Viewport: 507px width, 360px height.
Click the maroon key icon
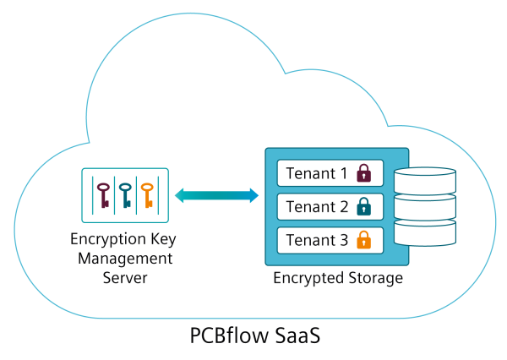(x=103, y=195)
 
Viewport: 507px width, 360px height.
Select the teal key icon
(x=125, y=195)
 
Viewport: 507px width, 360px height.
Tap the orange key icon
(x=147, y=195)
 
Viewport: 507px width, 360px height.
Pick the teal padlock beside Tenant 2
(x=363, y=206)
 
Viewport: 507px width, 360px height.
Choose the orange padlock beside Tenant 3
(x=363, y=240)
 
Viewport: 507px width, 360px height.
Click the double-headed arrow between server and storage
(x=216, y=195)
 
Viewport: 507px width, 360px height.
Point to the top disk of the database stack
(x=425, y=181)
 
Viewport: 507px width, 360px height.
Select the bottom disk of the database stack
(x=425, y=233)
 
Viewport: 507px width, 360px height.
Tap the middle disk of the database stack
(x=425, y=207)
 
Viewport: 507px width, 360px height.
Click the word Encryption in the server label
(x=108, y=240)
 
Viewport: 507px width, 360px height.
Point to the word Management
(x=125, y=259)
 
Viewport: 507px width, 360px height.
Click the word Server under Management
(x=125, y=278)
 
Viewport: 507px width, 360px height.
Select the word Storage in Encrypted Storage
(x=376, y=278)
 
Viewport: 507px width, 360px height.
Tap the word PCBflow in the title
(x=227, y=335)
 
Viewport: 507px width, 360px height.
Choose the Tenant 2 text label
(x=317, y=207)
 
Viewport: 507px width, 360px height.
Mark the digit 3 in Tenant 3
(x=343, y=240)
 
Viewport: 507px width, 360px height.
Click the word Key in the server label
(x=163, y=240)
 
